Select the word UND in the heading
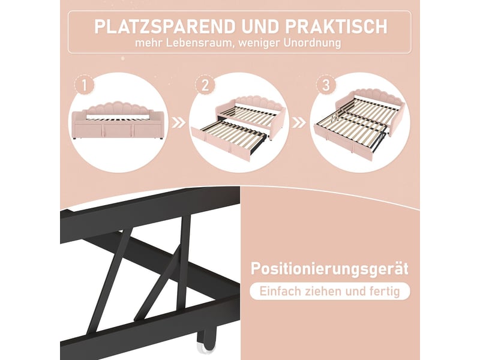261,26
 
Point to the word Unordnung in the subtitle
312,43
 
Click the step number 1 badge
84,85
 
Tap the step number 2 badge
205,85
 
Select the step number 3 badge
326,85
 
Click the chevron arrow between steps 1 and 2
179,123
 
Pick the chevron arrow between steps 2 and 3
299,123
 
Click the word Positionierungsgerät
329,269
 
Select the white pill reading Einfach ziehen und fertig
330,291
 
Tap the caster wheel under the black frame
206,341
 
